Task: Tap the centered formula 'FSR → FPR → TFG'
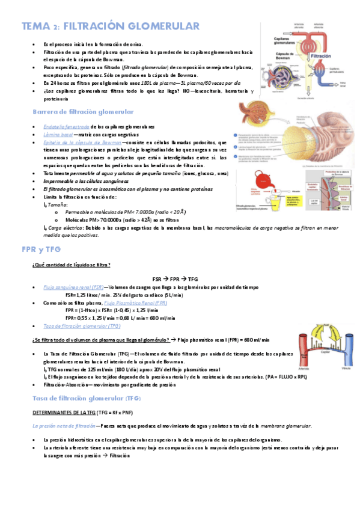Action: [x=175, y=279]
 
